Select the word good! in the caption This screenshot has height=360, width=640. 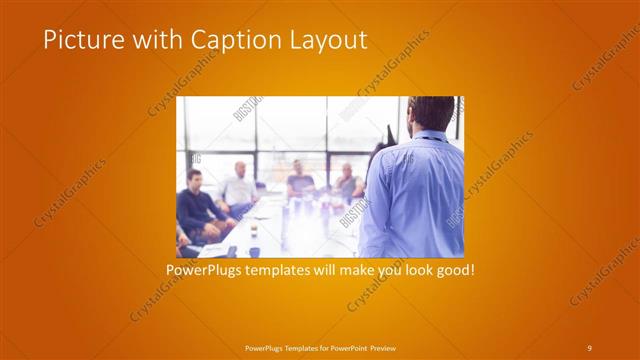(452, 270)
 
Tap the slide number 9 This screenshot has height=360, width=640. (589, 347)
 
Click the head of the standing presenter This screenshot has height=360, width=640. (431, 112)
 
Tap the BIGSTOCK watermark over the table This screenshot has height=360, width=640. (348, 210)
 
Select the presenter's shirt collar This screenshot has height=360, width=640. (428, 137)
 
